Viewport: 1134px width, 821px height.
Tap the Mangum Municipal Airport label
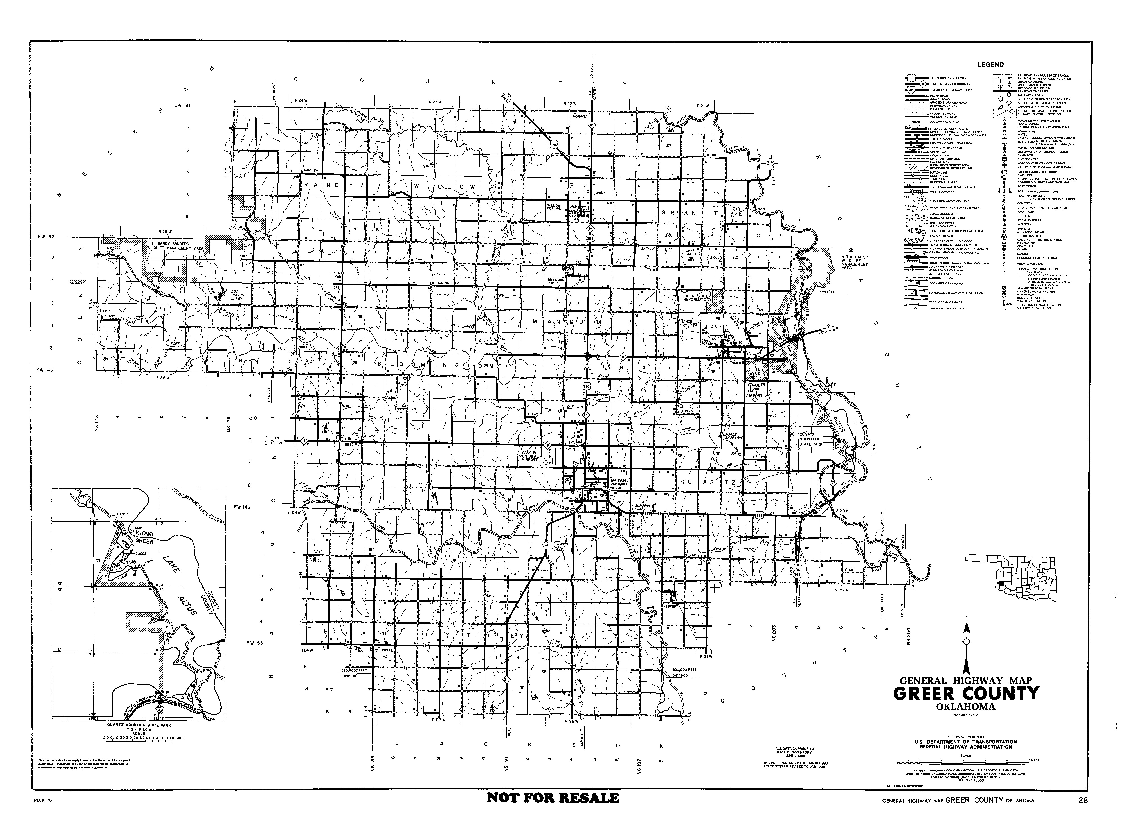click(x=529, y=453)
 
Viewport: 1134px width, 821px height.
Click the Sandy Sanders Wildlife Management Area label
click(x=178, y=246)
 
